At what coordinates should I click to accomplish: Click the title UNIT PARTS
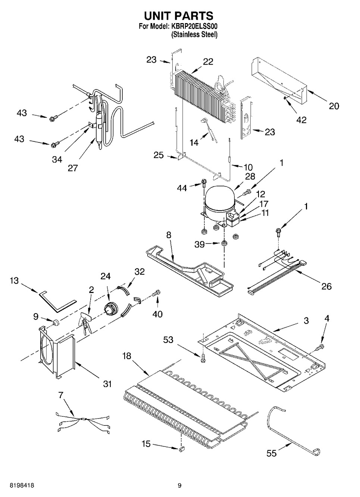179,16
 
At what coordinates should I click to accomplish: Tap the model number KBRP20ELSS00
194,27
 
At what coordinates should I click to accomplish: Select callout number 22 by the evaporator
208,62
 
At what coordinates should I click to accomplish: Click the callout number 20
334,106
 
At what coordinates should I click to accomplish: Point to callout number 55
272,453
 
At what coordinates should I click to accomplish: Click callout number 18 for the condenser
127,356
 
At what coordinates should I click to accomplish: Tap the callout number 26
326,286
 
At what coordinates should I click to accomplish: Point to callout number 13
14,281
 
